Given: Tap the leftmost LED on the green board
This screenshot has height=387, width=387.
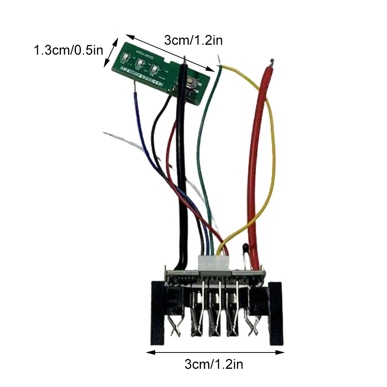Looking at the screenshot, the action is point(124,57).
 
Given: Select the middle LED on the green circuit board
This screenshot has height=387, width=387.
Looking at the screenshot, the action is point(140,63).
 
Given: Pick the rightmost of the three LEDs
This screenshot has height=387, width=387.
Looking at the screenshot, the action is point(154,69).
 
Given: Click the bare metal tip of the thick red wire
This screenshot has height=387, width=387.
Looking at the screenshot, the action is point(271,61).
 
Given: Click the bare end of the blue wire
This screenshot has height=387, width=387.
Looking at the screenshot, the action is point(135,87).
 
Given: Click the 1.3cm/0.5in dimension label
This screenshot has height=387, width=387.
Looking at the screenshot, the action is point(69,50).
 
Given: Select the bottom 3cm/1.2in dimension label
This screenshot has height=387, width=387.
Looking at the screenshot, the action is point(214,365).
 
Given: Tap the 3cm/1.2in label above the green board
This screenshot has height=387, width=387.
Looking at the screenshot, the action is point(193,40).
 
